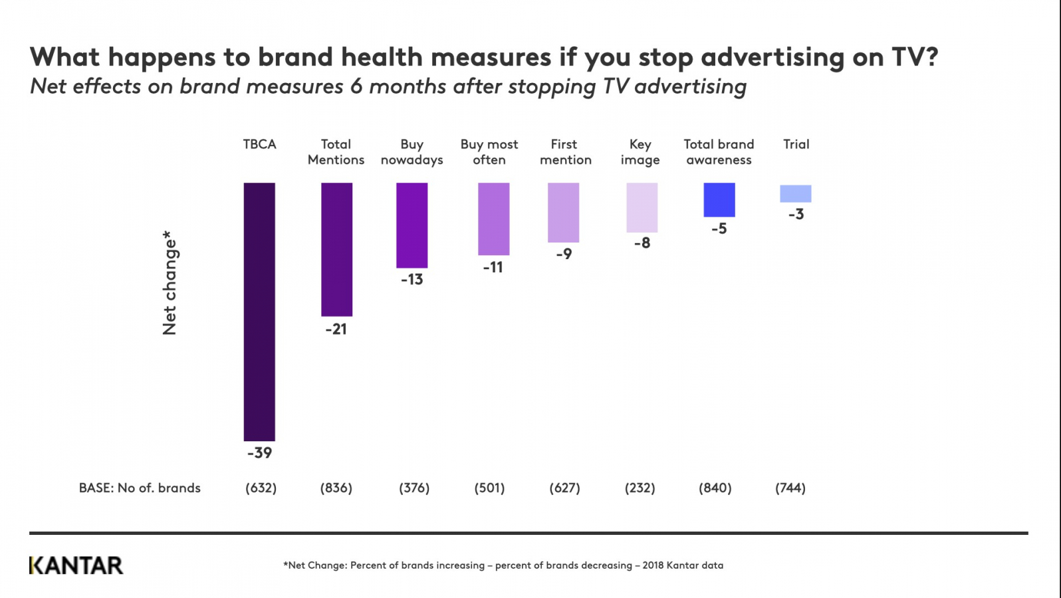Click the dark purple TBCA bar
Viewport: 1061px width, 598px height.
coord(259,312)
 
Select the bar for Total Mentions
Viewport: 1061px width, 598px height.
coord(336,249)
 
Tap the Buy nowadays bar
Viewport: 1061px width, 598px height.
coord(412,225)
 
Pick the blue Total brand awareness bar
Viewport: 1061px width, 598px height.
coord(719,199)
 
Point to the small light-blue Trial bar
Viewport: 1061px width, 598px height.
coord(795,193)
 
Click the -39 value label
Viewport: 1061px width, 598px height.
coord(259,453)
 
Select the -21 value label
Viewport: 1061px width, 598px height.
coord(336,329)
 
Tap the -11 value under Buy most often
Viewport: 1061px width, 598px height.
coord(493,268)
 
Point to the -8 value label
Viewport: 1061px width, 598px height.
coord(642,243)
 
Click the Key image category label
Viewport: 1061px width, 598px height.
coord(640,152)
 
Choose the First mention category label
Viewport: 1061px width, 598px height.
coord(565,152)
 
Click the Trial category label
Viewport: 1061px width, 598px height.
coord(796,144)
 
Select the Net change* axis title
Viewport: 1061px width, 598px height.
coord(170,283)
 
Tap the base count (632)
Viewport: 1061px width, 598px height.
coord(261,488)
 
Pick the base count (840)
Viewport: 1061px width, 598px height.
coord(715,488)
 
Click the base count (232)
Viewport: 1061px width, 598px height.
coord(640,488)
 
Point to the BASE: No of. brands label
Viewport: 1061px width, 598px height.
coord(140,488)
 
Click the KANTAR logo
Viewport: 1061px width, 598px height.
coord(76,565)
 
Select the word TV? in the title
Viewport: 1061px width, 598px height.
coord(915,57)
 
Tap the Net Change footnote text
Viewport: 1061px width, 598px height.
coord(503,565)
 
